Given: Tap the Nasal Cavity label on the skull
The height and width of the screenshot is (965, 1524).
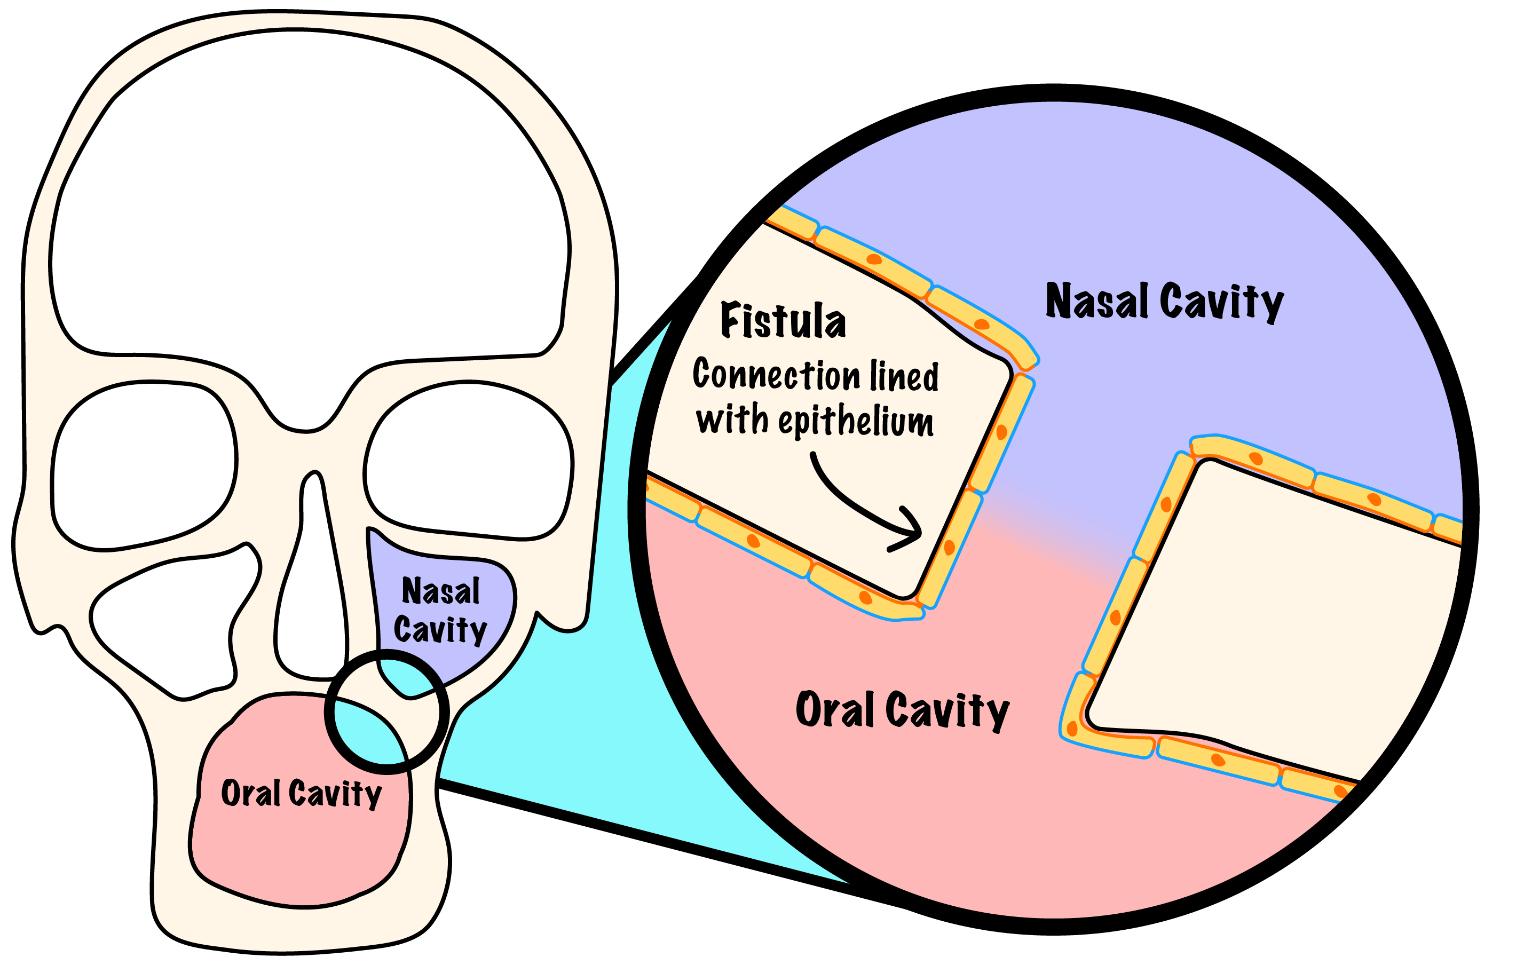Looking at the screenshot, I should (x=440, y=610).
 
